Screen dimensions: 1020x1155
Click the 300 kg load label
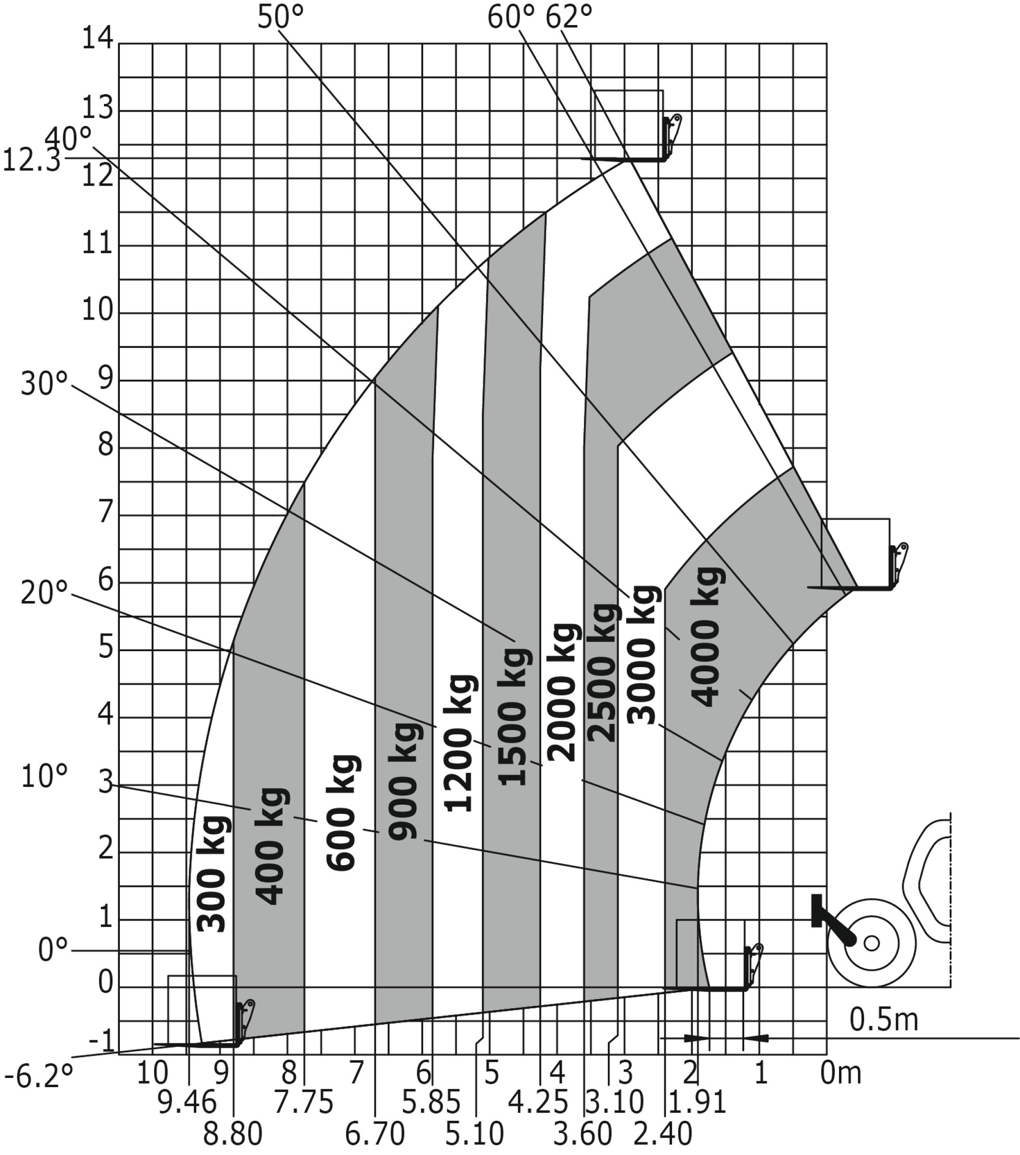pos(213,874)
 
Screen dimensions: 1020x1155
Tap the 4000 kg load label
pos(707,637)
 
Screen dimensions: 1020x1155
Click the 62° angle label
pos(569,17)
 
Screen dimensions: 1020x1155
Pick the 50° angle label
pos(280,17)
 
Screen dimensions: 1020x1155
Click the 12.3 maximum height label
pos(32,161)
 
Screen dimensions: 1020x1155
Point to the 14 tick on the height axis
pos(98,40)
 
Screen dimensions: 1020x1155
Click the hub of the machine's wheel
pos(872,943)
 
